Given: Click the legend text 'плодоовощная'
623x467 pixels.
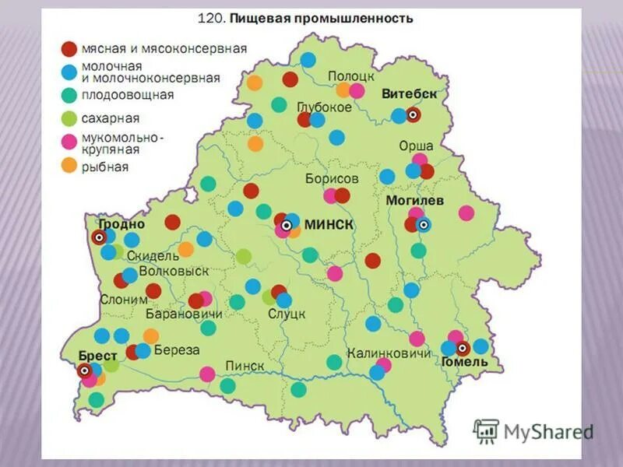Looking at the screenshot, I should [128, 95].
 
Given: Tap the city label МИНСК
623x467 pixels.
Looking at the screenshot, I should [329, 224].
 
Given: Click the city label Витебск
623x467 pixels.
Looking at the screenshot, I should [410, 93].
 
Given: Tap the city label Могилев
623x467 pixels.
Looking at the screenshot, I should [415, 200].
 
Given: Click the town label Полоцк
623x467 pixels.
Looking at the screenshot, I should [351, 75].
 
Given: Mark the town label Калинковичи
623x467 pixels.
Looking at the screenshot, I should [389, 353].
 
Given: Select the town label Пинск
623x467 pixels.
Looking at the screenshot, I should [245, 366].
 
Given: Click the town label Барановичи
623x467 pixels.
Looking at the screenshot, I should [184, 314].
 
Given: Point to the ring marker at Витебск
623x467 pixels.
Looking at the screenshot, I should [413, 114].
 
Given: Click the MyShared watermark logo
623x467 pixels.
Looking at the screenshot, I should [533, 430].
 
